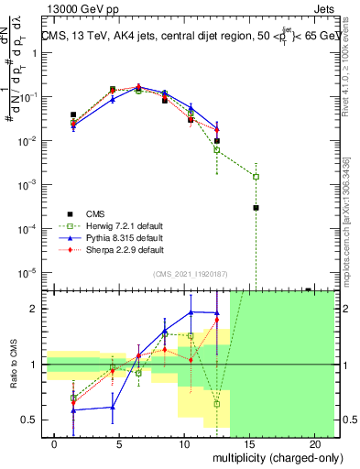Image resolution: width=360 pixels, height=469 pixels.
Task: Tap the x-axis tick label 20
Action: pos(314,444)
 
